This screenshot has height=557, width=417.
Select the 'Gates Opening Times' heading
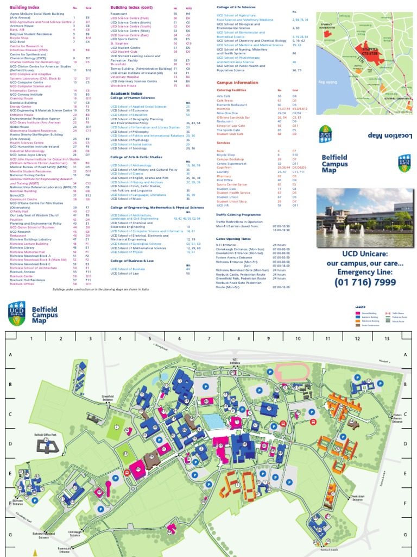point(233,238)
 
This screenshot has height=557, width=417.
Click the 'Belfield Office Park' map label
point(46,435)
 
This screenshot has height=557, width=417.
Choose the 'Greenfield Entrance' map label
point(108,398)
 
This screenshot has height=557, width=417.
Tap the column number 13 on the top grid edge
point(387,338)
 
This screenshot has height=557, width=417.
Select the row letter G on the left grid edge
point(10,534)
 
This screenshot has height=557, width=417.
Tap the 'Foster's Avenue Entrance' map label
point(398,417)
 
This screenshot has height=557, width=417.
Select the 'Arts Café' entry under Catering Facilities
point(224,96)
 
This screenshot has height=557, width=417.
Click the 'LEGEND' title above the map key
point(361,307)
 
